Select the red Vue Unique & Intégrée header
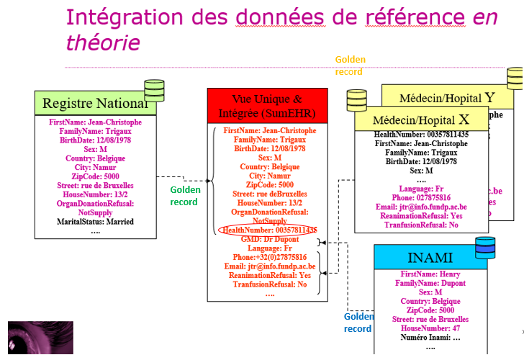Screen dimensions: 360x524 tap(267, 106)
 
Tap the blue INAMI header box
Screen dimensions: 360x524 tap(430, 258)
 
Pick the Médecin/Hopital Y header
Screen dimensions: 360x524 tap(446, 96)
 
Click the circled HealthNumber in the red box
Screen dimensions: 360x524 tap(270, 230)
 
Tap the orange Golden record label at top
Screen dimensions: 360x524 tap(350, 66)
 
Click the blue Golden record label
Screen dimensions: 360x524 tap(358, 323)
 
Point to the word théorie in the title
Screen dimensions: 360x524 tap(103, 43)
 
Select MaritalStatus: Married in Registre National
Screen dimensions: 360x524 tap(96, 222)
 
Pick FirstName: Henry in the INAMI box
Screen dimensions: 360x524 tap(430, 274)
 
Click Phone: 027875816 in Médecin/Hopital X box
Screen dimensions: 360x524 tap(421, 197)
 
